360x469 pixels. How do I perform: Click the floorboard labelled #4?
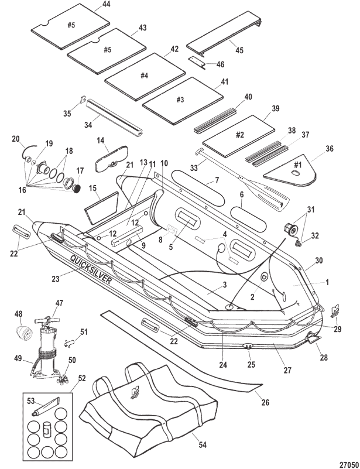[x=145, y=76]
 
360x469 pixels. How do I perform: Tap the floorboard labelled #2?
[x=239, y=136]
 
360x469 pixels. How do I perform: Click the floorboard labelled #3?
[x=183, y=101]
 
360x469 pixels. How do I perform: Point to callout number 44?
[x=106, y=4]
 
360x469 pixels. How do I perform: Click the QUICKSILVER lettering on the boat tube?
[x=91, y=269]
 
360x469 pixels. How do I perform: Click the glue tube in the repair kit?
[x=46, y=406]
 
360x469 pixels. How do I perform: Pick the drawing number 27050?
[x=349, y=464]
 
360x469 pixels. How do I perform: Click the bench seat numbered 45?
[x=224, y=33]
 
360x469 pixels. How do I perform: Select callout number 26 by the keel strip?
[x=265, y=402]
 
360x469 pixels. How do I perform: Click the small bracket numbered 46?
[x=197, y=62]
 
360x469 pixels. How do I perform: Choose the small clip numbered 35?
[x=83, y=100]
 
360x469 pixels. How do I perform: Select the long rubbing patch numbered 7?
[x=199, y=188]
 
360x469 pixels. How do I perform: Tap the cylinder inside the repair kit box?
[x=46, y=430]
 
